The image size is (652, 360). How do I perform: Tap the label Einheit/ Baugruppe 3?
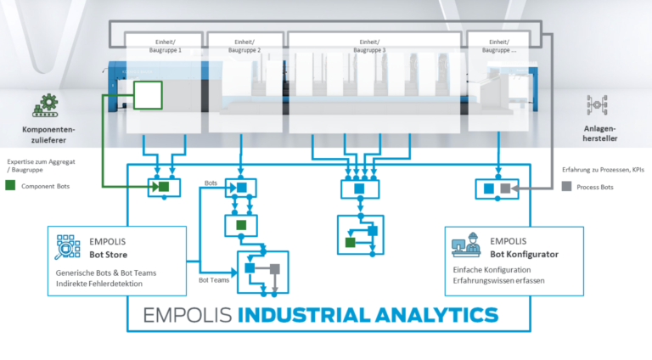[x=369, y=46]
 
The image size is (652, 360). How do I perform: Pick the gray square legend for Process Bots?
[x=566, y=185]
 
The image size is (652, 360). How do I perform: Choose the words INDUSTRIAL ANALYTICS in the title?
[x=368, y=315]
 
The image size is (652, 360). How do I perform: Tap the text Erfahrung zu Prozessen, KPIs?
[x=604, y=171]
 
